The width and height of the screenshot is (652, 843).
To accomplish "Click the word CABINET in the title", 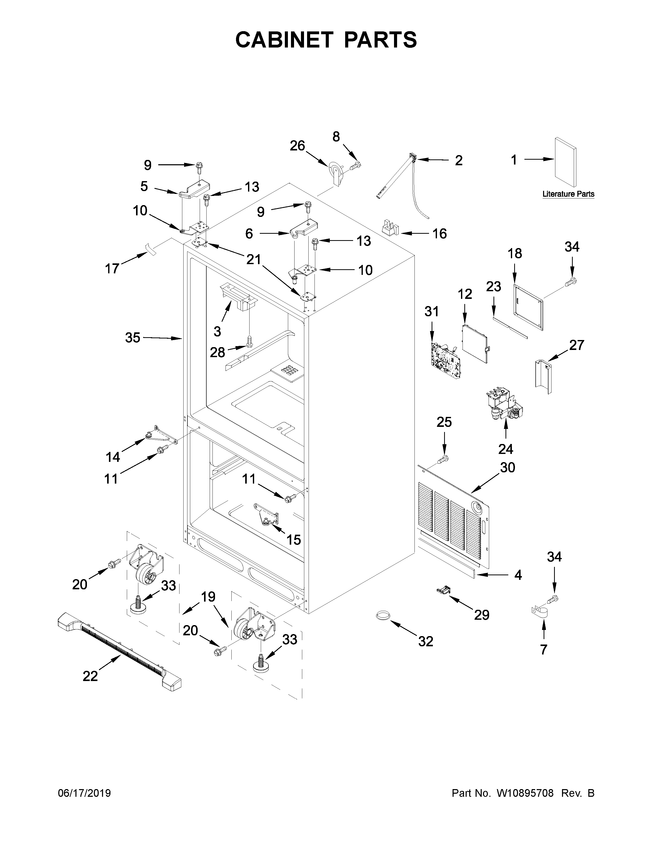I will [x=284, y=40].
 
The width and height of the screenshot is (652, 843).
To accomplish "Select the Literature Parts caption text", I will [x=568, y=194].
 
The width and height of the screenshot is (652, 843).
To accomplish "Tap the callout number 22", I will [x=90, y=676].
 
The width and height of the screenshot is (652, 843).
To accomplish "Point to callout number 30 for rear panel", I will [x=508, y=467].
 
